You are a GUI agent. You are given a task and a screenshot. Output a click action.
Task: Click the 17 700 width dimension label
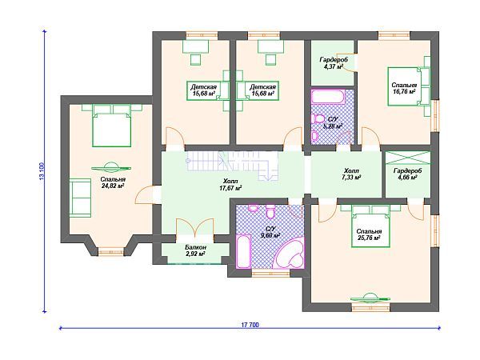[250, 325]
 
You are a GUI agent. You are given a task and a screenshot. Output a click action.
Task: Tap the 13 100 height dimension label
[42, 171]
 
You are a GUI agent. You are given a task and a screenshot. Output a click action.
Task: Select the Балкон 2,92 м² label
[195, 250]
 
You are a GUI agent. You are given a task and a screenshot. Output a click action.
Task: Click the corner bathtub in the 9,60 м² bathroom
[290, 253]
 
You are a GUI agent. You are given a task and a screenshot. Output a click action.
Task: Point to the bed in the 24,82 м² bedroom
[112, 126]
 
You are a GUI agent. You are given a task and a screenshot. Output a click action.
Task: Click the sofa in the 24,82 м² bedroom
[80, 198]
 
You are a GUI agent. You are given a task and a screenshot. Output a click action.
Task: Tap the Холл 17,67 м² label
[230, 186]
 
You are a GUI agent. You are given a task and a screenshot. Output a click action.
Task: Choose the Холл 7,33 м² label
[351, 174]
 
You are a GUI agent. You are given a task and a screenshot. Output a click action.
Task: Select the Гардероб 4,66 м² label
[407, 174]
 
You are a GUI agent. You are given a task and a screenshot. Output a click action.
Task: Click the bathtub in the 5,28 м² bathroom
[328, 98]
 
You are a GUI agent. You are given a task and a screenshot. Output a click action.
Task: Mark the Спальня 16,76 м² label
[404, 89]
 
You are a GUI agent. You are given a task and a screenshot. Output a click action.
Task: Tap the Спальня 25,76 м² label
[369, 234]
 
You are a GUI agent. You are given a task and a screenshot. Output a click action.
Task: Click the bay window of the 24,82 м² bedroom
[111, 252]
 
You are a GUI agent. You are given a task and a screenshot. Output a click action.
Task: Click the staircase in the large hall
[232, 166]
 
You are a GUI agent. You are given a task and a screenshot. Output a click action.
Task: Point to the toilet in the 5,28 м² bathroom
[318, 118]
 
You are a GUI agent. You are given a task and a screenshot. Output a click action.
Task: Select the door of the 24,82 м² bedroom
[144, 194]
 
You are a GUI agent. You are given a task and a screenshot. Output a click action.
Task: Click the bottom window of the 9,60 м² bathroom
[271, 273]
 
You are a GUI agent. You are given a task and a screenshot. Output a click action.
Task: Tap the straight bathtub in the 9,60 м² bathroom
[243, 251]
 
